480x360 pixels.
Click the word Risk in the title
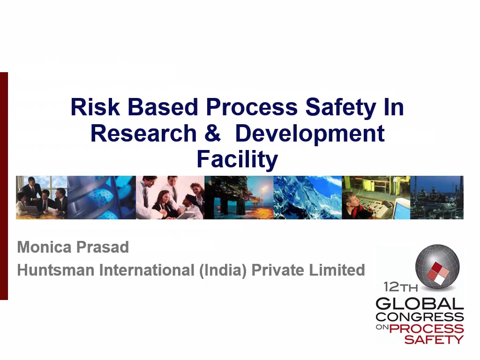[95, 107]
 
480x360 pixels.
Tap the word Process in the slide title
[252, 107]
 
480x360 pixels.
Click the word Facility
[237, 160]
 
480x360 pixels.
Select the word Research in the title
[143, 134]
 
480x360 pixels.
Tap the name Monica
[45, 247]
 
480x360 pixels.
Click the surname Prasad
[102, 247]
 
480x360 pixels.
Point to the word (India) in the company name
[223, 270]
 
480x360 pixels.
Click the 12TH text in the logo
[400, 287]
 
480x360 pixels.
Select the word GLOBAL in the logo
[420, 304]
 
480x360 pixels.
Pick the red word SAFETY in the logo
[434, 339]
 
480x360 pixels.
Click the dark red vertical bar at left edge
[4, 186]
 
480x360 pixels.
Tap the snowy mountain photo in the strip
[307, 197]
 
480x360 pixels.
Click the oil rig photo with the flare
[239, 197]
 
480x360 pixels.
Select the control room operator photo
[376, 197]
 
